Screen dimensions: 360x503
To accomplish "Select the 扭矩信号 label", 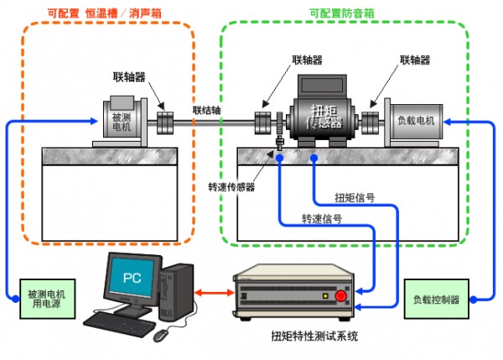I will (355, 198).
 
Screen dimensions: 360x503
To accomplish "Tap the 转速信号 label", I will (322, 219).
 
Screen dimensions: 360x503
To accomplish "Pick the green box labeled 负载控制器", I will (437, 300).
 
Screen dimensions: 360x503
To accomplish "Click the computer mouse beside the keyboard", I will (159, 334).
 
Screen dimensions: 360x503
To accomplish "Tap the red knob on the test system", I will (340, 295).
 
